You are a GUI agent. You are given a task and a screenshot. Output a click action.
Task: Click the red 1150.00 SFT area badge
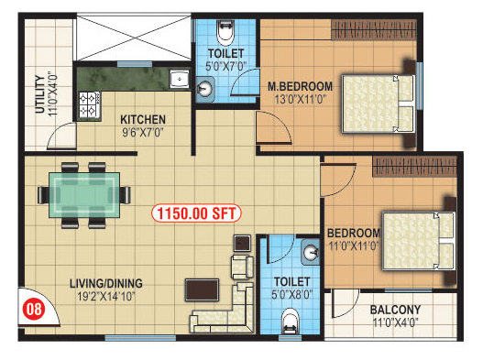pyautogui.click(x=196, y=213)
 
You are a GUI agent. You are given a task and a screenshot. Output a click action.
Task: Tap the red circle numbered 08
pyautogui.click(x=34, y=309)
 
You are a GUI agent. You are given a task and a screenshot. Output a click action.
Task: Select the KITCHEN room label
pyautogui.click(x=143, y=119)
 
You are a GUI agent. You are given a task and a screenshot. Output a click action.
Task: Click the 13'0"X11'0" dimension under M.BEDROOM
pyautogui.click(x=300, y=100)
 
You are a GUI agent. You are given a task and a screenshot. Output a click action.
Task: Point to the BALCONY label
pyautogui.click(x=395, y=310)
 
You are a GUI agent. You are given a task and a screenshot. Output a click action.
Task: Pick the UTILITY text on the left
pyautogui.click(x=40, y=94)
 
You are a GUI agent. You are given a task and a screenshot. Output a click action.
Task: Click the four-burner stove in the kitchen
pyautogui.click(x=90, y=104)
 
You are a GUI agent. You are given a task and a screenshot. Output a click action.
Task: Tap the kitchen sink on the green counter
pyautogui.click(x=180, y=80)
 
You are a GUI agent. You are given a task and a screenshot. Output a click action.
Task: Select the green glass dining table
pyautogui.click(x=84, y=195)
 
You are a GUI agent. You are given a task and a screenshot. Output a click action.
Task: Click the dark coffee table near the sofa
pyautogui.click(x=202, y=289)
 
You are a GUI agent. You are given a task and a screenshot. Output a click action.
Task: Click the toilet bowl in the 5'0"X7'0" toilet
pyautogui.click(x=225, y=33)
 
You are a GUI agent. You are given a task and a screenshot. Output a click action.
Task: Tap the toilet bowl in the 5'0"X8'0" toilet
pyautogui.click(x=291, y=321)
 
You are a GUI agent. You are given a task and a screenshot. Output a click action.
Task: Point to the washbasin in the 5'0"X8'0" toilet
pyautogui.click(x=310, y=253)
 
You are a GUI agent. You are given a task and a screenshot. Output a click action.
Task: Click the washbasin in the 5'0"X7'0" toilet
pyautogui.click(x=205, y=89)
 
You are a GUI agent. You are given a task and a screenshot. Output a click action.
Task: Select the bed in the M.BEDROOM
pyautogui.click(x=379, y=104)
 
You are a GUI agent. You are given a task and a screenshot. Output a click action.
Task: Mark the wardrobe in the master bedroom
pyautogui.click(x=373, y=30)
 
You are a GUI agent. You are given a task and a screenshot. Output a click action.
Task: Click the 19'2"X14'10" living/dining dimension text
pyautogui.click(x=106, y=297)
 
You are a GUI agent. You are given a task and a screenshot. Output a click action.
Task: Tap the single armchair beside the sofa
pyautogui.click(x=243, y=267)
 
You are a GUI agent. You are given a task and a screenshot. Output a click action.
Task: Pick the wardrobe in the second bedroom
pyautogui.click(x=414, y=167)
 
